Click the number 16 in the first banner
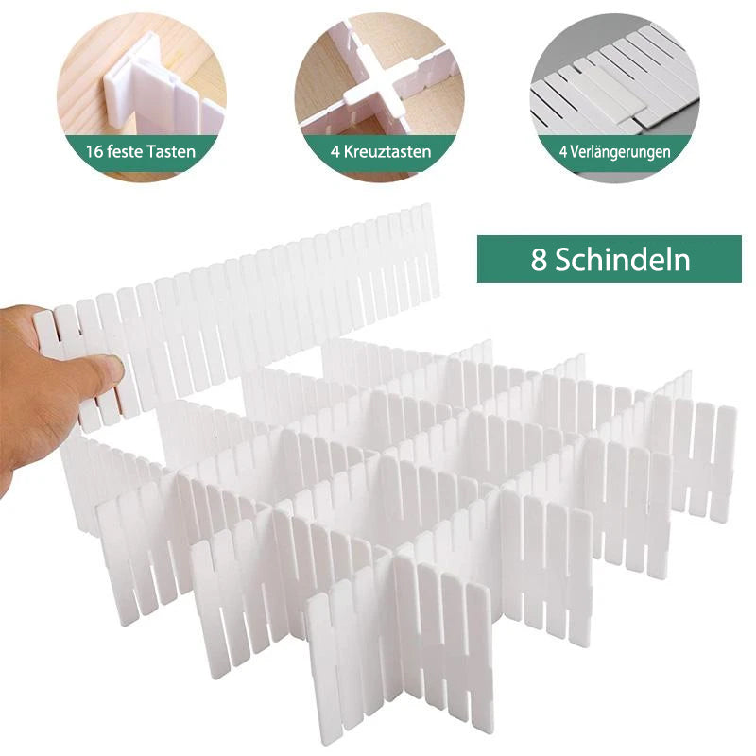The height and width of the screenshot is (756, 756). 94,152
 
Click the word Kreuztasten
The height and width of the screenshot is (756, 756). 387,152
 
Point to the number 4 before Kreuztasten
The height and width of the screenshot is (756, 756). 335,152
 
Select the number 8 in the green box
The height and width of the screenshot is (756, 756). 539,260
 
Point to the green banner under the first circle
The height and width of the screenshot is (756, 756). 141,152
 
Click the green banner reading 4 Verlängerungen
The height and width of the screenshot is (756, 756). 615,153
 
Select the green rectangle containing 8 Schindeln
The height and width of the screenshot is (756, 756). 610,259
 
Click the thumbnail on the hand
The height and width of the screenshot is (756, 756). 113,369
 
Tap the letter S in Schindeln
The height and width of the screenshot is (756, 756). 562,260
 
